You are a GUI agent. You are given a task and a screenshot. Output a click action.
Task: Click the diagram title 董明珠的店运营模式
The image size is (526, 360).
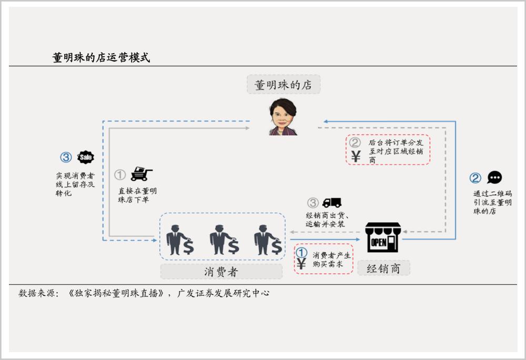101,58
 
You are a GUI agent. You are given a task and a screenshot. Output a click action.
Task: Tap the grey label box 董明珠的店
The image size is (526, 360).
284,85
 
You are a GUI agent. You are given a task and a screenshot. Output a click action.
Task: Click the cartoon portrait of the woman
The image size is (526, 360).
283,117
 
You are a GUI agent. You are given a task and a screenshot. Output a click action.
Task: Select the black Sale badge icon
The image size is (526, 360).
86,157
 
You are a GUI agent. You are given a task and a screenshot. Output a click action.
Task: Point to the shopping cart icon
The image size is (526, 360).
141,173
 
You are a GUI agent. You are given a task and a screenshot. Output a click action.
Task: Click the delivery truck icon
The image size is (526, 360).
332,202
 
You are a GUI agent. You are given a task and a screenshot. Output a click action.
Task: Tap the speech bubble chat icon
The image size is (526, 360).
494,177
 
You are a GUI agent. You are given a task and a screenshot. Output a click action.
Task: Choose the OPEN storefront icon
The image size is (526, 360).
383,237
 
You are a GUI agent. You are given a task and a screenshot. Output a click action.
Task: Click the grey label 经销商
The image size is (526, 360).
384,268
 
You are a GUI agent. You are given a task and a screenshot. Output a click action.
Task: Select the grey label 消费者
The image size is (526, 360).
221,271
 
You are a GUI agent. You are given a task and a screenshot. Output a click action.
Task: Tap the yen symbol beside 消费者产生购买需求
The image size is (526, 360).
301,264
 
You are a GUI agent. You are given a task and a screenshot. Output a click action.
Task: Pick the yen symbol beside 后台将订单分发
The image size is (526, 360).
356,157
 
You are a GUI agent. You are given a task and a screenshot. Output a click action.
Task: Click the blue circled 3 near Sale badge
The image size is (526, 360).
66,157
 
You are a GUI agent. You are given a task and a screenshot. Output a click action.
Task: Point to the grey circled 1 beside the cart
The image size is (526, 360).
120,174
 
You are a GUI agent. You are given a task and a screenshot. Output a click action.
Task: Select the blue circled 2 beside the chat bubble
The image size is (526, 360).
475,178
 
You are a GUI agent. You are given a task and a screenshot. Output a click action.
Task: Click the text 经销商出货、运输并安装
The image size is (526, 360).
327,220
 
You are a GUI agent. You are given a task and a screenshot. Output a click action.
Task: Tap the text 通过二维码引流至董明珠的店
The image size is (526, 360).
492,202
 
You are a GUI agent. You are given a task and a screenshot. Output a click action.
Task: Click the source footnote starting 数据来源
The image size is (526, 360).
144,293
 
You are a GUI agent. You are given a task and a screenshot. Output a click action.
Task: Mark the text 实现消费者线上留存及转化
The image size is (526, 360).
75,184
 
